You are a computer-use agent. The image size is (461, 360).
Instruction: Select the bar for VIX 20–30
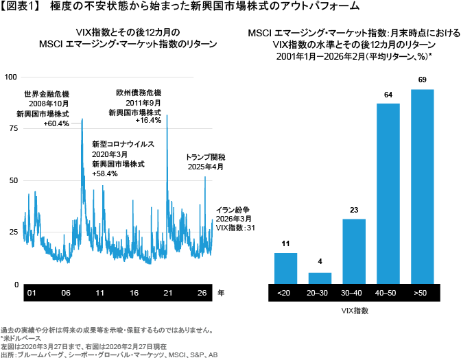[x=320, y=277]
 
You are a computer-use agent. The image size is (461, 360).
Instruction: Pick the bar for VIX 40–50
[x=388, y=193]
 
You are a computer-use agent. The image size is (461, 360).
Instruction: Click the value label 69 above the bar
[x=422, y=80]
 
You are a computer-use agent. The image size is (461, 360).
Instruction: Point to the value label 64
[x=388, y=95]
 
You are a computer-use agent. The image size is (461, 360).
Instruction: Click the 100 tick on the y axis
[x=10, y=77]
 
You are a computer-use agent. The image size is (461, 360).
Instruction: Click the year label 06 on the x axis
[x=65, y=293]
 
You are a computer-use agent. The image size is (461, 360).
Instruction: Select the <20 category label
[x=286, y=293]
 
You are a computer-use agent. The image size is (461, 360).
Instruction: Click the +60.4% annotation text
[x=56, y=124]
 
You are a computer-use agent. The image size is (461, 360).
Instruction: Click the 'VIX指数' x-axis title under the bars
[x=354, y=311]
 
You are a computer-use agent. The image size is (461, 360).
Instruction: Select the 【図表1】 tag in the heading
[x=21, y=6]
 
